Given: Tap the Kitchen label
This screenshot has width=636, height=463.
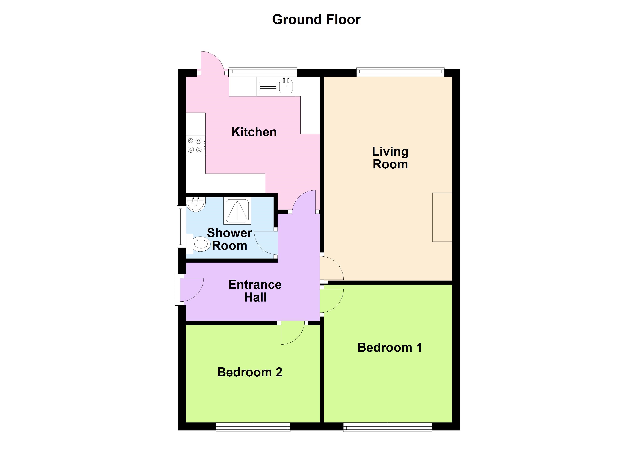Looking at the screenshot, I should coord(254,132).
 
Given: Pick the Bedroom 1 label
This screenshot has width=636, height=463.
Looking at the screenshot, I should coord(390,348).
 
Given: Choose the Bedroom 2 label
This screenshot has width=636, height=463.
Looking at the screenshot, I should coord(250,372).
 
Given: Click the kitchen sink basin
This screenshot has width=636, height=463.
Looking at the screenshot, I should coord(286,86).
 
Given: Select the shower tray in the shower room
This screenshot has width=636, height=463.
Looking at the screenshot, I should coord(237,211).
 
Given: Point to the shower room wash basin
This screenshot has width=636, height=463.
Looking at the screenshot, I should coord(196,204).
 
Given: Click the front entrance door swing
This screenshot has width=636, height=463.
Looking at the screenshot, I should coord(191,289).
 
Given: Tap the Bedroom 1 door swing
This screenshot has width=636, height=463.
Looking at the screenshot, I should coord(331,300).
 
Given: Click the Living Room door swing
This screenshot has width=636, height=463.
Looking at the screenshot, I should coord(331,268).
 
